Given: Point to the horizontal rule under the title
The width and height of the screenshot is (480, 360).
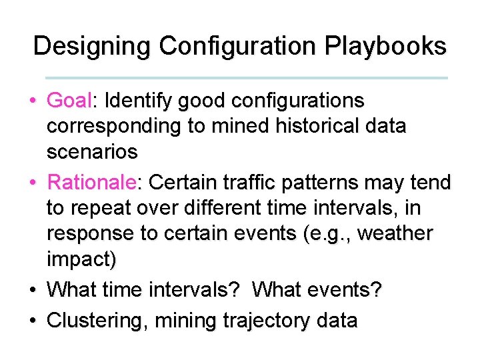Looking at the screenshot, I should [247, 78].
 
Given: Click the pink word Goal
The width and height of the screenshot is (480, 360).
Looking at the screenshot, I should [69, 101].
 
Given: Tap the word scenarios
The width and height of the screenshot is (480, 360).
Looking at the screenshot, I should [92, 152].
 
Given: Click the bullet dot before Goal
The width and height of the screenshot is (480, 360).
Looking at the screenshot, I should [32, 102].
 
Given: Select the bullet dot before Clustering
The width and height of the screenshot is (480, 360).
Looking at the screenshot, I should [32, 321].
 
